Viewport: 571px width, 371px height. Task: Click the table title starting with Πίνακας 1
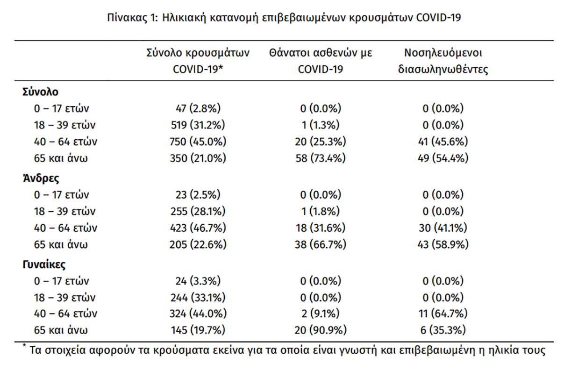coord(284,18)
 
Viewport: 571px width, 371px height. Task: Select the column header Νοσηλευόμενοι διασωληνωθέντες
coord(443,61)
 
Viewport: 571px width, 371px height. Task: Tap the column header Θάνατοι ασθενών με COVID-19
coord(321,61)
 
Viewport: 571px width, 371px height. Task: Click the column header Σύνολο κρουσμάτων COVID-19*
coord(198,61)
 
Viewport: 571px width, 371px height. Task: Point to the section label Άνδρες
coord(41,178)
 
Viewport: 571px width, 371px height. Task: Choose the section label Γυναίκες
coord(44,264)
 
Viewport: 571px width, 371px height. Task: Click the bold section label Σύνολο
coord(40,92)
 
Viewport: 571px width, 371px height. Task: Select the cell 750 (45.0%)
coord(198,142)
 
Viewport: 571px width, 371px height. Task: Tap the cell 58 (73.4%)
coord(321,158)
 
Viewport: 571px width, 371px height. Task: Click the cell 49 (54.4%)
coord(443,158)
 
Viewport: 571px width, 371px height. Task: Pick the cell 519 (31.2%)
coord(198,125)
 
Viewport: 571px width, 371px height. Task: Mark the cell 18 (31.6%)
coord(321,228)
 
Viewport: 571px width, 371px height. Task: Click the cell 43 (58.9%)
coord(443,244)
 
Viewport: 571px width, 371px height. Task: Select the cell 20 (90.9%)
coord(321,330)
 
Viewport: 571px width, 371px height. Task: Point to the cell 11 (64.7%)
coord(443,314)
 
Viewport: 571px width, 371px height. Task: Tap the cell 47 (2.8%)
coord(198,108)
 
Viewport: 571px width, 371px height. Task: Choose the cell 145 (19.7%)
coord(198,330)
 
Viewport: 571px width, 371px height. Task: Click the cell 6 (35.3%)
coord(443,330)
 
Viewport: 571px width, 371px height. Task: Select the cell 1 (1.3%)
coord(321,125)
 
